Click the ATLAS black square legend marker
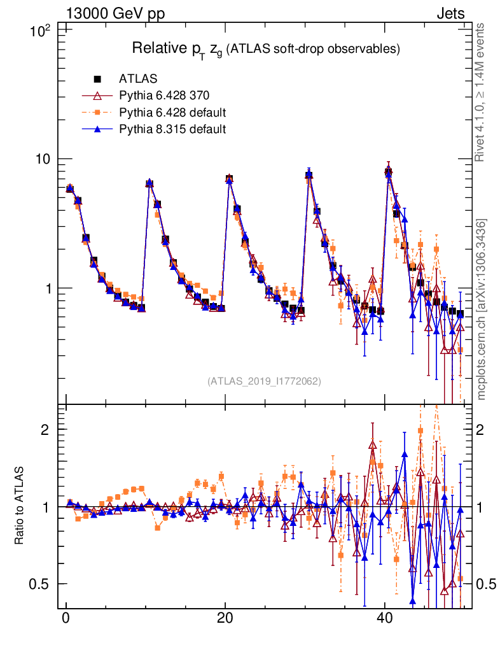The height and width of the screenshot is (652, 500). (x=98, y=79)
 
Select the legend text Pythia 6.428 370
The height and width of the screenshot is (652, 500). (x=164, y=96)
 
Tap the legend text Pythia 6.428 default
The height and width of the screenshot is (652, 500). (x=173, y=113)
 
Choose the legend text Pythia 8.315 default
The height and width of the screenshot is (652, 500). (x=173, y=129)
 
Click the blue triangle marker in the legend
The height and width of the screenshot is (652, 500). (x=98, y=129)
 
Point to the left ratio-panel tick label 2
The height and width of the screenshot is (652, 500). (x=45, y=430)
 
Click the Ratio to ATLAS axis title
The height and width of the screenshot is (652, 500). (x=20, y=507)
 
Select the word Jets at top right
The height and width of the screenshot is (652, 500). (x=450, y=13)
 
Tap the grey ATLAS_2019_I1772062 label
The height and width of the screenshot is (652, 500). (x=263, y=381)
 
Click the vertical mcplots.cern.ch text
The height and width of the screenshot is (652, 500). (x=482, y=309)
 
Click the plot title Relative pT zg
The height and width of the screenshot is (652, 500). (x=265, y=49)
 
